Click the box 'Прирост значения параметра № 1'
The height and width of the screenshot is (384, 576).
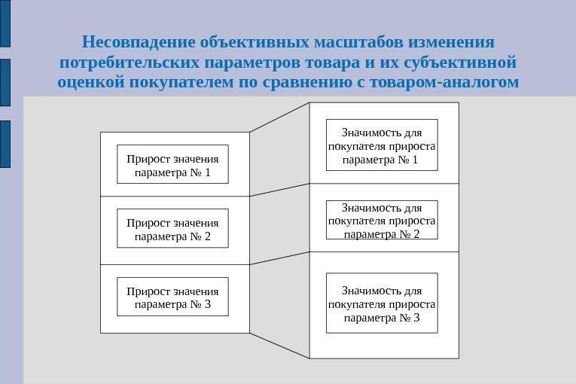[172, 165]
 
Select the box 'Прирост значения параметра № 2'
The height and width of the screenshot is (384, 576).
[172, 229]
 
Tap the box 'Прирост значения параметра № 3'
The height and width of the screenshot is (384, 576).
[172, 297]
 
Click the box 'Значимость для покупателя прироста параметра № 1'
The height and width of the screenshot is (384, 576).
[382, 145]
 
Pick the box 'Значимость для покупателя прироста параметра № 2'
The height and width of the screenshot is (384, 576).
[382, 219]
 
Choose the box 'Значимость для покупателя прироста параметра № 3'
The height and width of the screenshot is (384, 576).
[382, 303]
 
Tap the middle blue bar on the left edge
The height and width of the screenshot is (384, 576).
[5, 83]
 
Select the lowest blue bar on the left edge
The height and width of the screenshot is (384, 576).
[5, 143]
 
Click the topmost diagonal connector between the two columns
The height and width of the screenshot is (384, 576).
[279, 117]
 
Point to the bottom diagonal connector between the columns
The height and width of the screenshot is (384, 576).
[279, 345]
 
